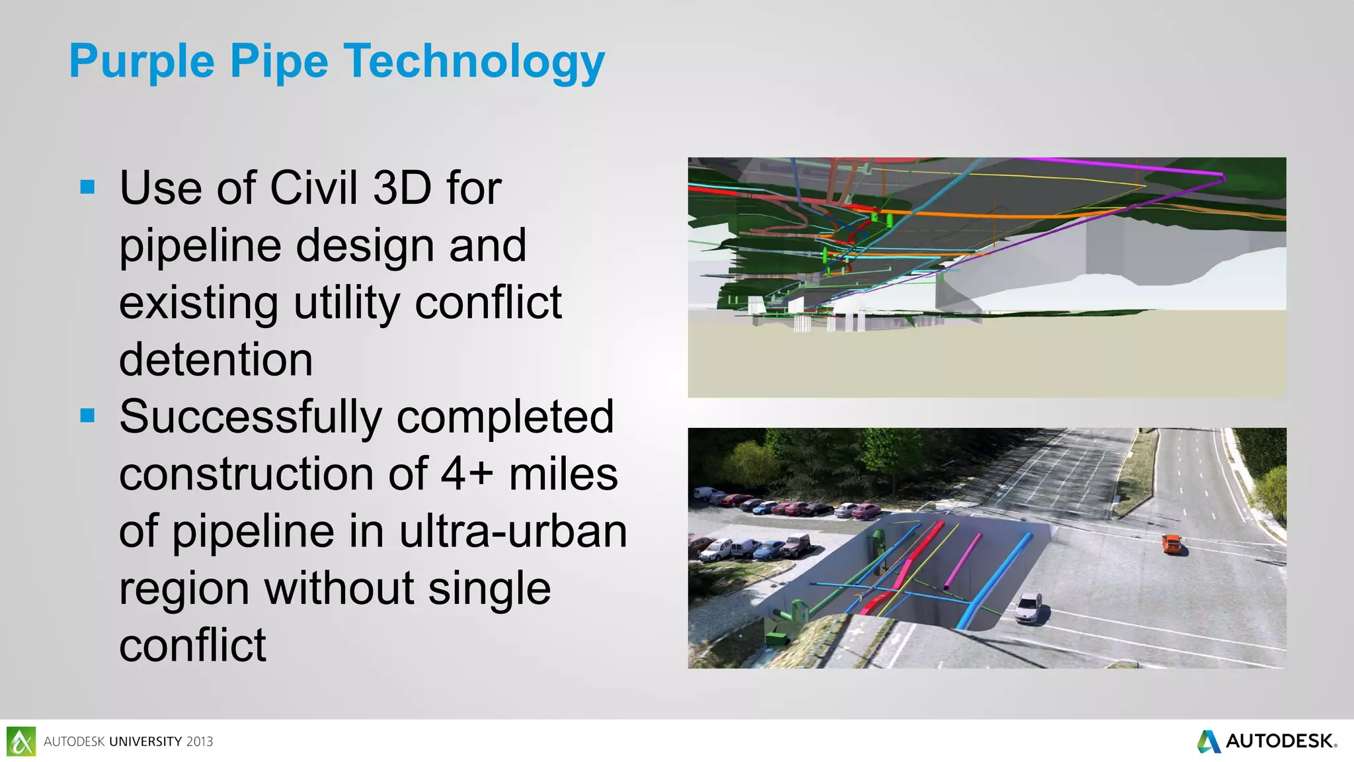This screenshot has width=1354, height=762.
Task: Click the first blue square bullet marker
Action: [x=87, y=187]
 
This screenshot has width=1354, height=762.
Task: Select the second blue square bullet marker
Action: [x=87, y=415]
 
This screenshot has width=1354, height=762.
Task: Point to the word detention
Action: [x=216, y=360]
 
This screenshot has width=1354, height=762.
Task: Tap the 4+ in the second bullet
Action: [x=467, y=474]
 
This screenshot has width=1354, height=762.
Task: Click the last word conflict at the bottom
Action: [x=192, y=646]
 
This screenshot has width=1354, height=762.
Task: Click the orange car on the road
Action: [x=1171, y=544]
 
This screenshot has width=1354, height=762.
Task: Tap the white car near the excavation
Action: [x=1029, y=607]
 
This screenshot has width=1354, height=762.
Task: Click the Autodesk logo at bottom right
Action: [x=1267, y=741]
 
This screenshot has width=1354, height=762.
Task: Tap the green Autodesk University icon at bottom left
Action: [x=21, y=741]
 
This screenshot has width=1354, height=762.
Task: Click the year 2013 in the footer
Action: [x=199, y=742]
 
